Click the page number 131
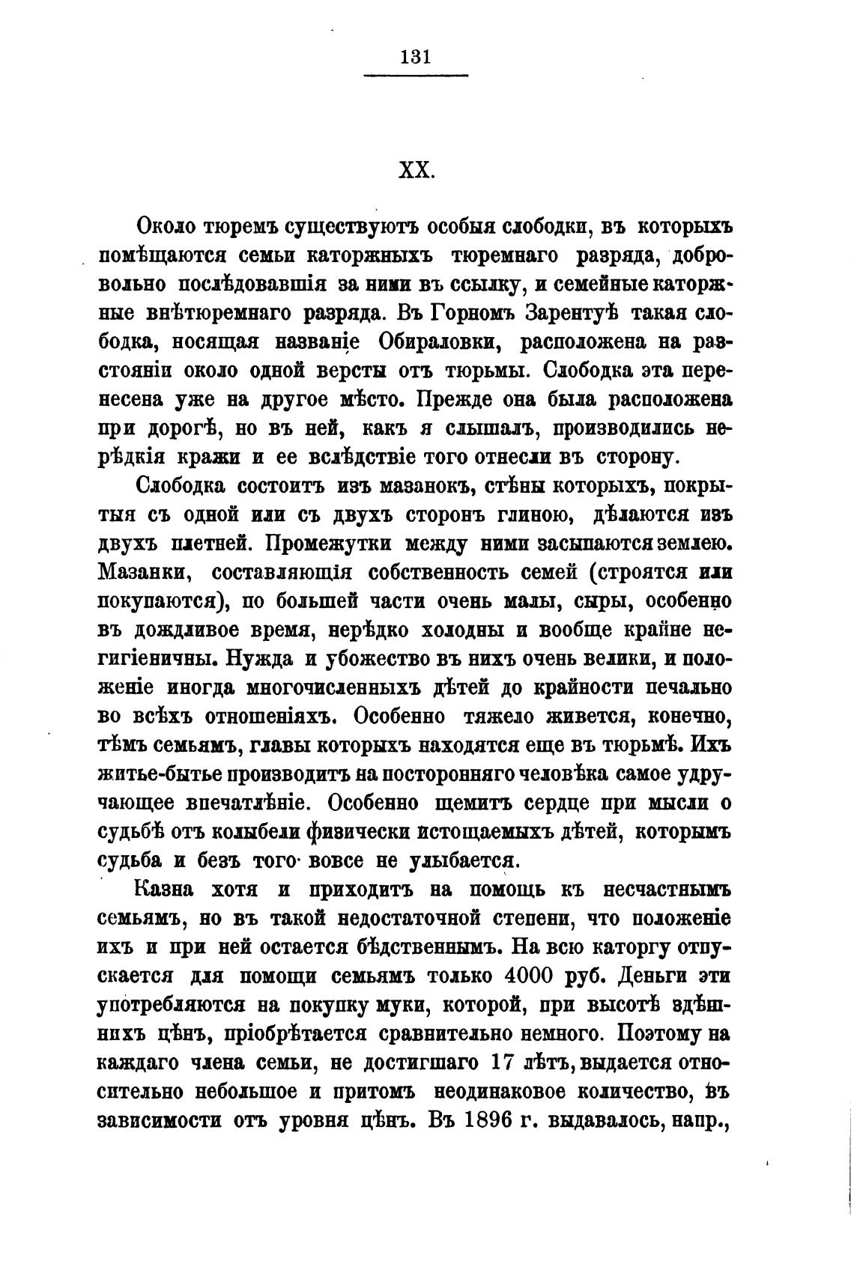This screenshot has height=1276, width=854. click(x=414, y=57)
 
